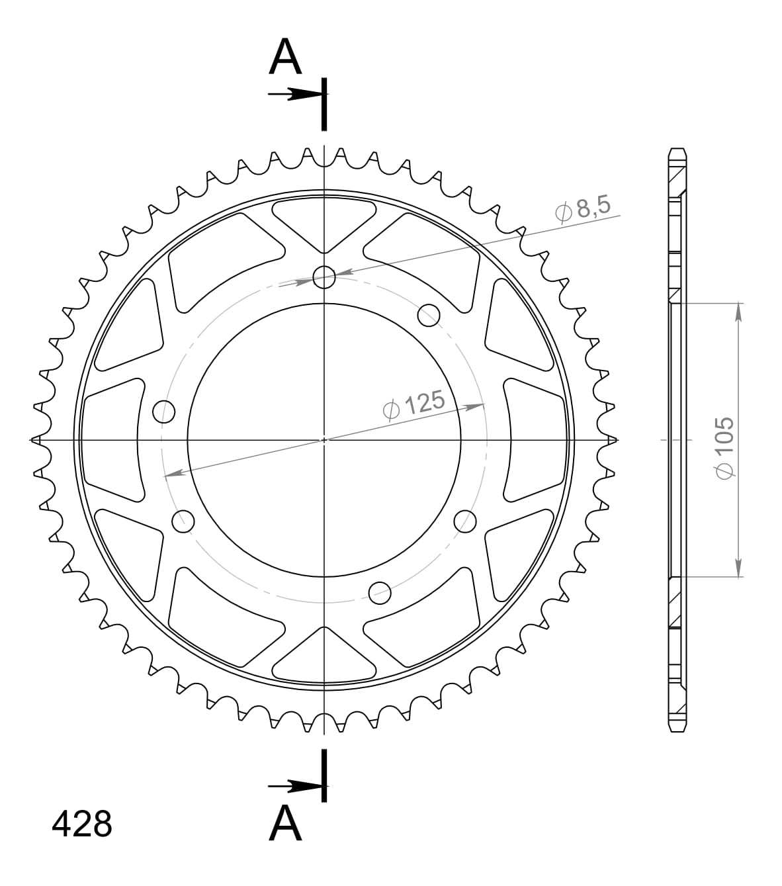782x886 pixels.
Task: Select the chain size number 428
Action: (x=81, y=824)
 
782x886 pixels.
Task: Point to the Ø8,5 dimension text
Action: (x=583, y=209)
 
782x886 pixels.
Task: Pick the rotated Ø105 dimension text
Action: (x=724, y=446)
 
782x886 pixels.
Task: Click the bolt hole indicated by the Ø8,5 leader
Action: (x=324, y=277)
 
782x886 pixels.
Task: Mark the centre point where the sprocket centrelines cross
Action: (x=324, y=439)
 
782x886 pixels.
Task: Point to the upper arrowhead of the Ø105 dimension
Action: (x=738, y=311)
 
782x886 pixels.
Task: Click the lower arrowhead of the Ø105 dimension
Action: (x=738, y=568)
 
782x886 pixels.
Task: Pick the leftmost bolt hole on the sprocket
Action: (x=164, y=412)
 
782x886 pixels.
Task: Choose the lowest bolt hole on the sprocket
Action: (x=380, y=591)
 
